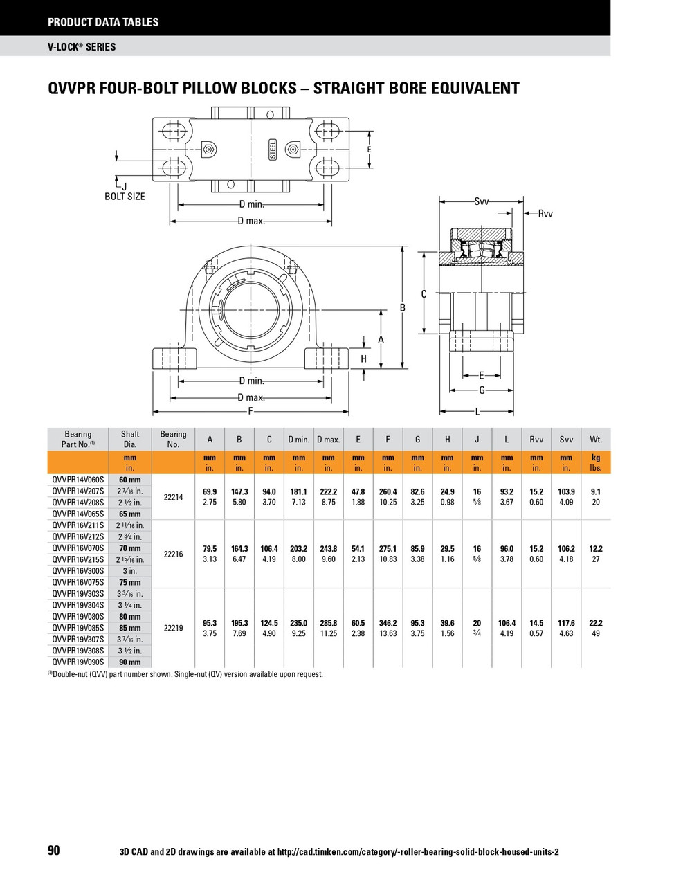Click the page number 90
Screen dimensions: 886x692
point(54,851)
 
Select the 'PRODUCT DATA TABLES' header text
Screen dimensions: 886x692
point(103,22)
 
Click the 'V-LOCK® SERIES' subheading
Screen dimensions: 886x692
point(82,47)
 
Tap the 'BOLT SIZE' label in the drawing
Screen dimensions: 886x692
point(125,197)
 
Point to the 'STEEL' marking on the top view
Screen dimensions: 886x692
point(273,150)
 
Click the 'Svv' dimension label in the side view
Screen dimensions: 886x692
point(482,201)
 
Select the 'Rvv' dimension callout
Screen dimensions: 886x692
point(545,214)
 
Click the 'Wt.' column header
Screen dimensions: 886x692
point(596,440)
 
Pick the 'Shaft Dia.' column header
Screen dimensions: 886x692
point(130,440)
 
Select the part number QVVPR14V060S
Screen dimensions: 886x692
point(78,480)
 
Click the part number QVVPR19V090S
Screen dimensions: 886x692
point(78,662)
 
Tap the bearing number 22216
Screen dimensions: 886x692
point(173,554)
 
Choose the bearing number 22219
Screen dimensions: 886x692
point(173,629)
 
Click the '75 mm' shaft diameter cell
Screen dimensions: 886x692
point(130,583)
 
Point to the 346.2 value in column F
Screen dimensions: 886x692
point(388,623)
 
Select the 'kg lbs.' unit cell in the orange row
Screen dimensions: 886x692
point(596,463)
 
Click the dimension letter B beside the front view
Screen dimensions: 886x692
point(403,307)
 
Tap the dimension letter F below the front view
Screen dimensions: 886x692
point(251,412)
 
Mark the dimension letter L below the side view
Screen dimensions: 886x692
point(477,412)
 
